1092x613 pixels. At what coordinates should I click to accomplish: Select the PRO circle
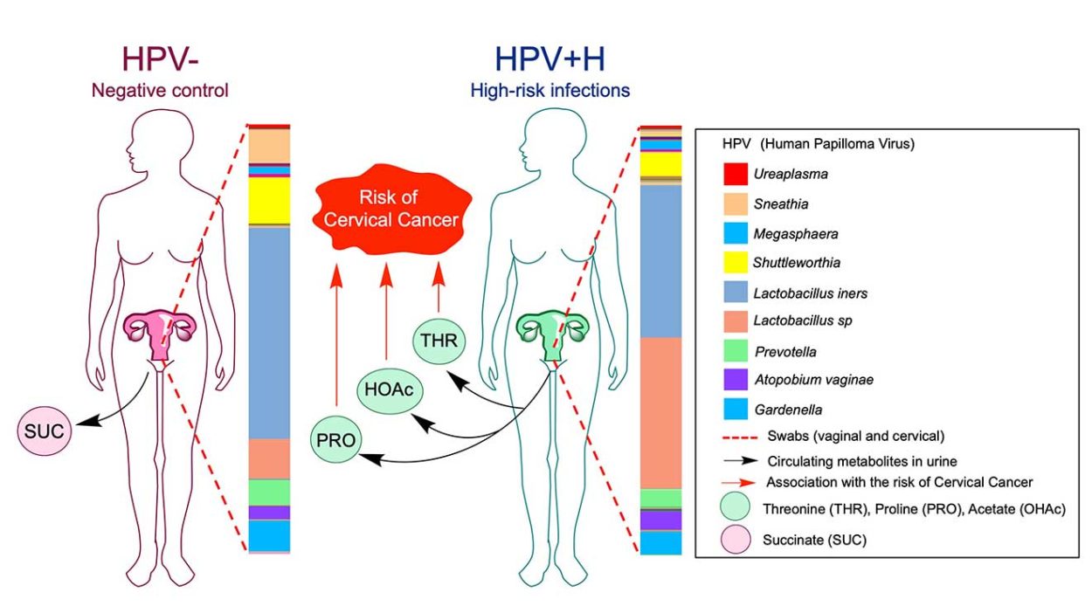(x=336, y=441)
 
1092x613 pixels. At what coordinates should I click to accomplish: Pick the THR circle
(x=438, y=341)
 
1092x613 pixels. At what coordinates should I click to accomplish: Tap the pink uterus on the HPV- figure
(x=160, y=330)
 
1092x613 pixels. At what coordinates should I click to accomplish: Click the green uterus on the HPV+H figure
(x=553, y=330)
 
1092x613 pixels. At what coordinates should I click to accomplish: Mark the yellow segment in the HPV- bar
(x=269, y=199)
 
